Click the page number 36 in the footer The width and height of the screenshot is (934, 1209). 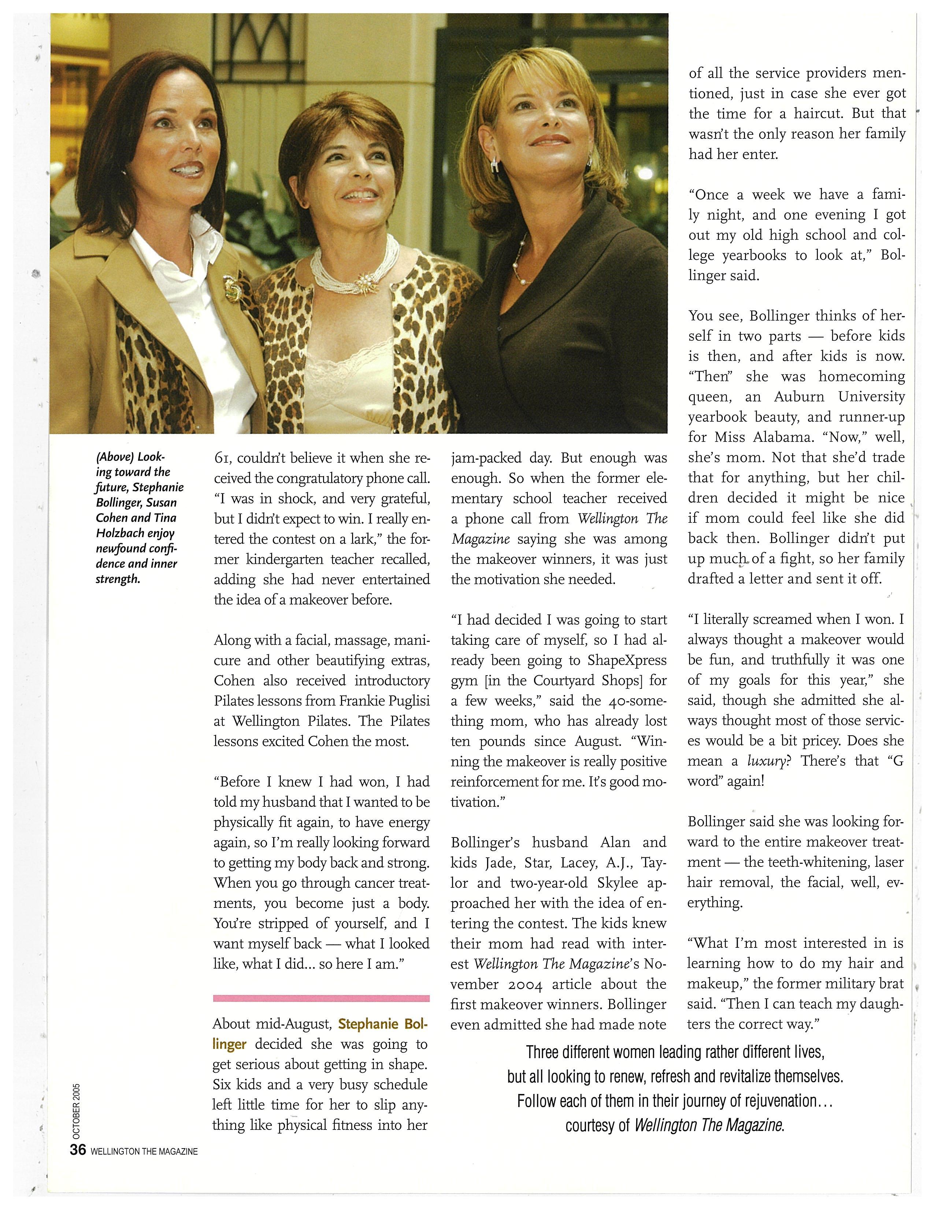click(77, 1149)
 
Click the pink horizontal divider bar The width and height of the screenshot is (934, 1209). click(322, 998)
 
